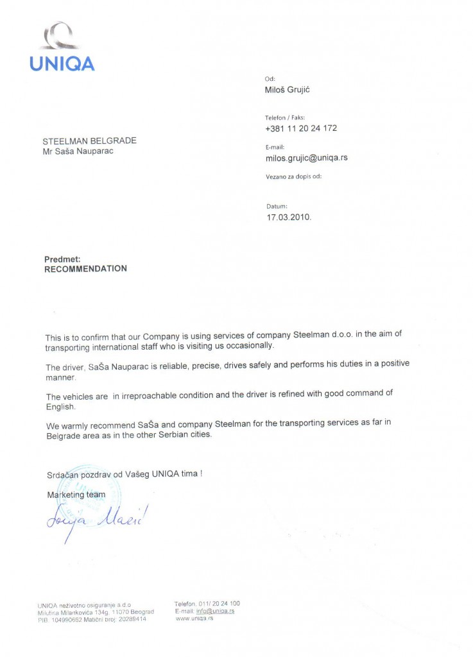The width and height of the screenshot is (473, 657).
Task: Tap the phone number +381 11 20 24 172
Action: pyautogui.click(x=300, y=128)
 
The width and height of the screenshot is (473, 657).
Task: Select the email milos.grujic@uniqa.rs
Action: pyautogui.click(x=306, y=158)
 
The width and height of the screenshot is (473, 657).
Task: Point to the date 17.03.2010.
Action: pyautogui.click(x=289, y=218)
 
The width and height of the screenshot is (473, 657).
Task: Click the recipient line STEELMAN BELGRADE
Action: pyautogui.click(x=89, y=141)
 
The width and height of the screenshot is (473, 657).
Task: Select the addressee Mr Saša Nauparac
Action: pyautogui.click(x=80, y=151)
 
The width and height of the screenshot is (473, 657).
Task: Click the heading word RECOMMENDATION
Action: pyautogui.click(x=85, y=269)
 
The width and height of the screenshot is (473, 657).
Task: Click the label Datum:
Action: pyautogui.click(x=277, y=207)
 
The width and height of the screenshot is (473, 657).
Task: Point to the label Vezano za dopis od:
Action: pyautogui.click(x=293, y=176)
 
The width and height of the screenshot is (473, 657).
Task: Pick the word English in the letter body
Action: pyautogui.click(x=60, y=407)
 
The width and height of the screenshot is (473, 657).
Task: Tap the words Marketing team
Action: pyautogui.click(x=76, y=495)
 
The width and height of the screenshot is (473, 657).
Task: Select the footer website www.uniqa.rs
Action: pyautogui.click(x=194, y=618)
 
